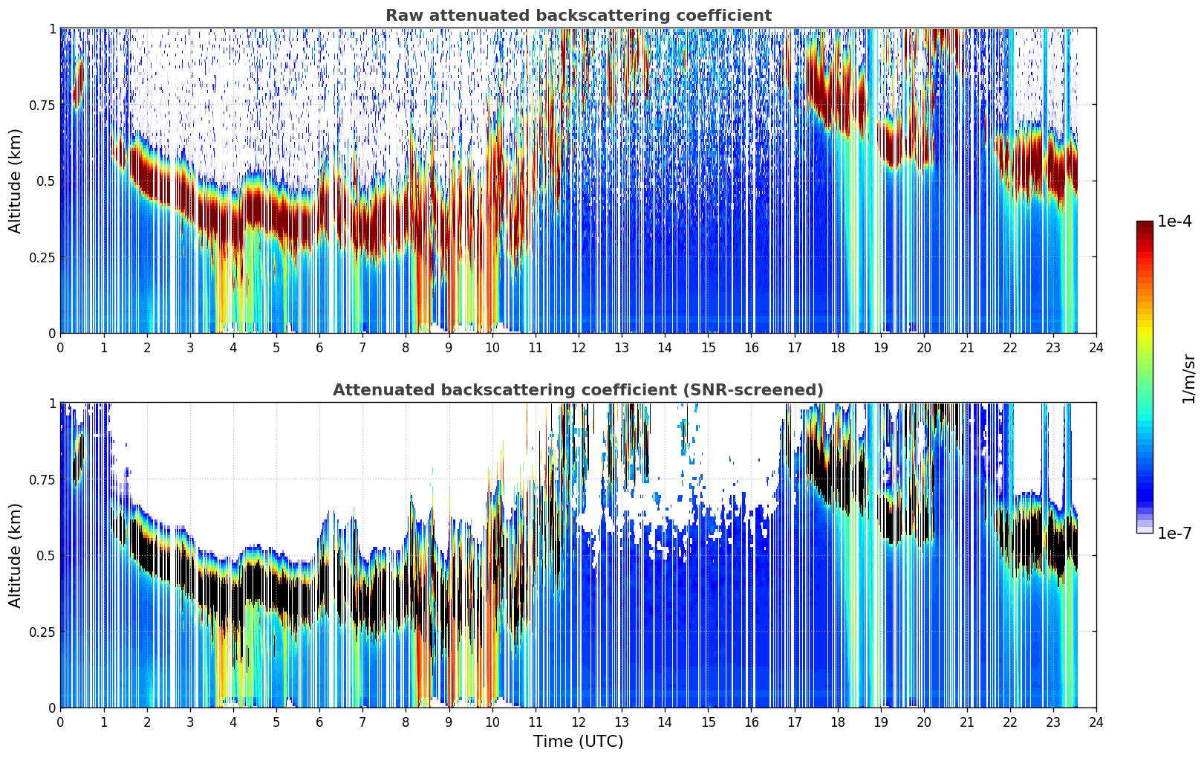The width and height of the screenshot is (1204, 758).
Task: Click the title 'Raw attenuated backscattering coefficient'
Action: pyautogui.click(x=579, y=16)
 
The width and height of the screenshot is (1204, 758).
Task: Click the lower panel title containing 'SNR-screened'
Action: pyautogui.click(x=579, y=389)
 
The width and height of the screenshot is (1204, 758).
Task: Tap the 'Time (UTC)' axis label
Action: pyautogui.click(x=579, y=742)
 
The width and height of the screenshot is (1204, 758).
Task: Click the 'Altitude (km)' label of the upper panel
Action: pyautogui.click(x=15, y=181)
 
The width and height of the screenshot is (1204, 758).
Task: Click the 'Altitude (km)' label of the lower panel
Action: pyautogui.click(x=15, y=555)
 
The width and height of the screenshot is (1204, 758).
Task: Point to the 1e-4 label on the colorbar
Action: pyautogui.click(x=1174, y=221)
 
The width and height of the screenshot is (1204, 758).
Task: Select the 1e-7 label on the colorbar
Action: pyautogui.click(x=1174, y=533)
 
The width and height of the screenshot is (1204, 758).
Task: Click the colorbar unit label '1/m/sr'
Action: pyautogui.click(x=1188, y=378)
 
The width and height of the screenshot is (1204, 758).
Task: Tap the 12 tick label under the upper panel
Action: pyautogui.click(x=579, y=347)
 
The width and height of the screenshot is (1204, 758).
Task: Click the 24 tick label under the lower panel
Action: pyautogui.click(x=1096, y=722)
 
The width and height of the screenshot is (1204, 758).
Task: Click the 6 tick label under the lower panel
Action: pyautogui.click(x=319, y=722)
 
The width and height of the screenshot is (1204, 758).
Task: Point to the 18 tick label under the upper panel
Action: pyautogui.click(x=837, y=347)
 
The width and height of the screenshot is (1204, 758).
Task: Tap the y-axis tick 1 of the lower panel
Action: pyautogui.click(x=52, y=404)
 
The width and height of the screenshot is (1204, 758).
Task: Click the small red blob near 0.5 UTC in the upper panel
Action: pyautogui.click(x=79, y=83)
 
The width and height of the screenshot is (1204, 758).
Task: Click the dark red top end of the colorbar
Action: pyautogui.click(x=1145, y=224)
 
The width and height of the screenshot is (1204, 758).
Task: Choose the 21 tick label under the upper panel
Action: pyautogui.click(x=967, y=347)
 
